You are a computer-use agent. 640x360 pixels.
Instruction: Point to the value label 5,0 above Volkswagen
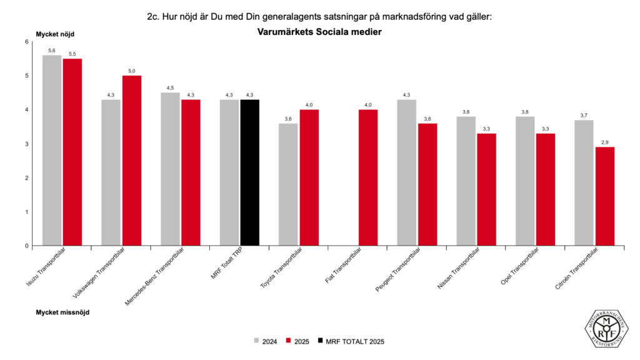131,71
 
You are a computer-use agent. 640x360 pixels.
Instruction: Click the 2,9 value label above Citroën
605,142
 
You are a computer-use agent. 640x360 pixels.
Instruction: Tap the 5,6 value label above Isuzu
52,51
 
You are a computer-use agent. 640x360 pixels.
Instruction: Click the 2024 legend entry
265,341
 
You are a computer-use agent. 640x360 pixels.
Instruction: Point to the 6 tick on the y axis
27,42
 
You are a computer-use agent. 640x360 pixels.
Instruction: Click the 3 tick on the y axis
27,144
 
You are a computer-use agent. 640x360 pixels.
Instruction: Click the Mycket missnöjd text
62,312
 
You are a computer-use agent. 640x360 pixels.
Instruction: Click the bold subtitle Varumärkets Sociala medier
319,31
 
